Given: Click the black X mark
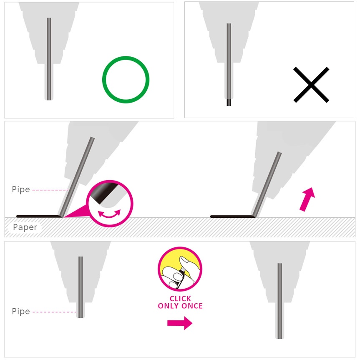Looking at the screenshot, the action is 311,85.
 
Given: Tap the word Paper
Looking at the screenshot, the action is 25,227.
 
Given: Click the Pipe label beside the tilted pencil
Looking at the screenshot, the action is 21,189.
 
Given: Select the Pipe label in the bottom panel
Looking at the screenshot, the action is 21,311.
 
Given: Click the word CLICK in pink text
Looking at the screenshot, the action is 180,298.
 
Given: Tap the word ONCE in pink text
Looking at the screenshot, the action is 192,306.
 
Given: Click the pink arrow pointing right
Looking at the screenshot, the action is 180,323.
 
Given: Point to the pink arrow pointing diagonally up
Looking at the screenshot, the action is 307,199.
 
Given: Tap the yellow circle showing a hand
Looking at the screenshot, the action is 180,269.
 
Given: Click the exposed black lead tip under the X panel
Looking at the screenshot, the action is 229,102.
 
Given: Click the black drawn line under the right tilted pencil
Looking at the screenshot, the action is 233,216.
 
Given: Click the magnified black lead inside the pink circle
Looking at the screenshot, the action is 104,192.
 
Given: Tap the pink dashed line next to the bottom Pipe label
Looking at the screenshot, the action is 54,312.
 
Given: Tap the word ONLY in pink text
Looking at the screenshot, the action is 169,306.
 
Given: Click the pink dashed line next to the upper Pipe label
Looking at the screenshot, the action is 50,190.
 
